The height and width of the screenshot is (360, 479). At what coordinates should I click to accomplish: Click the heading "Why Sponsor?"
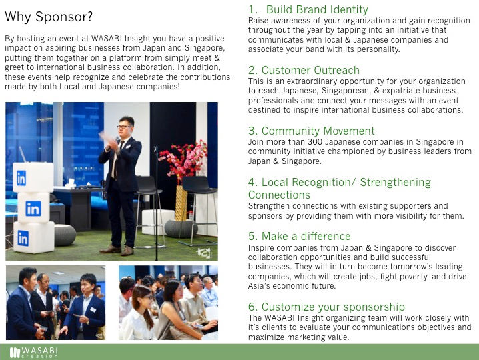tap(49, 17)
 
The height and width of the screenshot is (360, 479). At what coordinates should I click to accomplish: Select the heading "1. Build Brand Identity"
tap(308, 9)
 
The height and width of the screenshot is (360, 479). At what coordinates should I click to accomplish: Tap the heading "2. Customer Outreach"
tap(304, 70)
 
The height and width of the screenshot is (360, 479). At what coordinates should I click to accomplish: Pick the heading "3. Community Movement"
tap(312, 131)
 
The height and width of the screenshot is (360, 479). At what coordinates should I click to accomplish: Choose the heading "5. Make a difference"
tap(300, 236)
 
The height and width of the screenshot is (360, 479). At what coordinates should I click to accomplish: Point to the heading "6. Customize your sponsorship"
tap(326, 307)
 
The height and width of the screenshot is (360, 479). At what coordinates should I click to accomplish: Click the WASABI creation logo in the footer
tap(33, 353)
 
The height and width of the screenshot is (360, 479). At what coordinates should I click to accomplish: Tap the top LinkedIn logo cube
tap(33, 177)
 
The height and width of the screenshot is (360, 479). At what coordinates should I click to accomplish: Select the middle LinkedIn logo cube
tap(33, 207)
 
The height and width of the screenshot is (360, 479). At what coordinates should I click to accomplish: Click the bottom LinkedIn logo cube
tap(34, 237)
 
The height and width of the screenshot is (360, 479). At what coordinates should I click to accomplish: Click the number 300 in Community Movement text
tap(314, 142)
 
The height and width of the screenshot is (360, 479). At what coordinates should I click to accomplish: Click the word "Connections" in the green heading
tap(279, 195)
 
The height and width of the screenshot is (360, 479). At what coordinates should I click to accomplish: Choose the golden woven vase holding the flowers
tap(181, 203)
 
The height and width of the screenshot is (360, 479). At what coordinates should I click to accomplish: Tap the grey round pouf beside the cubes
tap(65, 235)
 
